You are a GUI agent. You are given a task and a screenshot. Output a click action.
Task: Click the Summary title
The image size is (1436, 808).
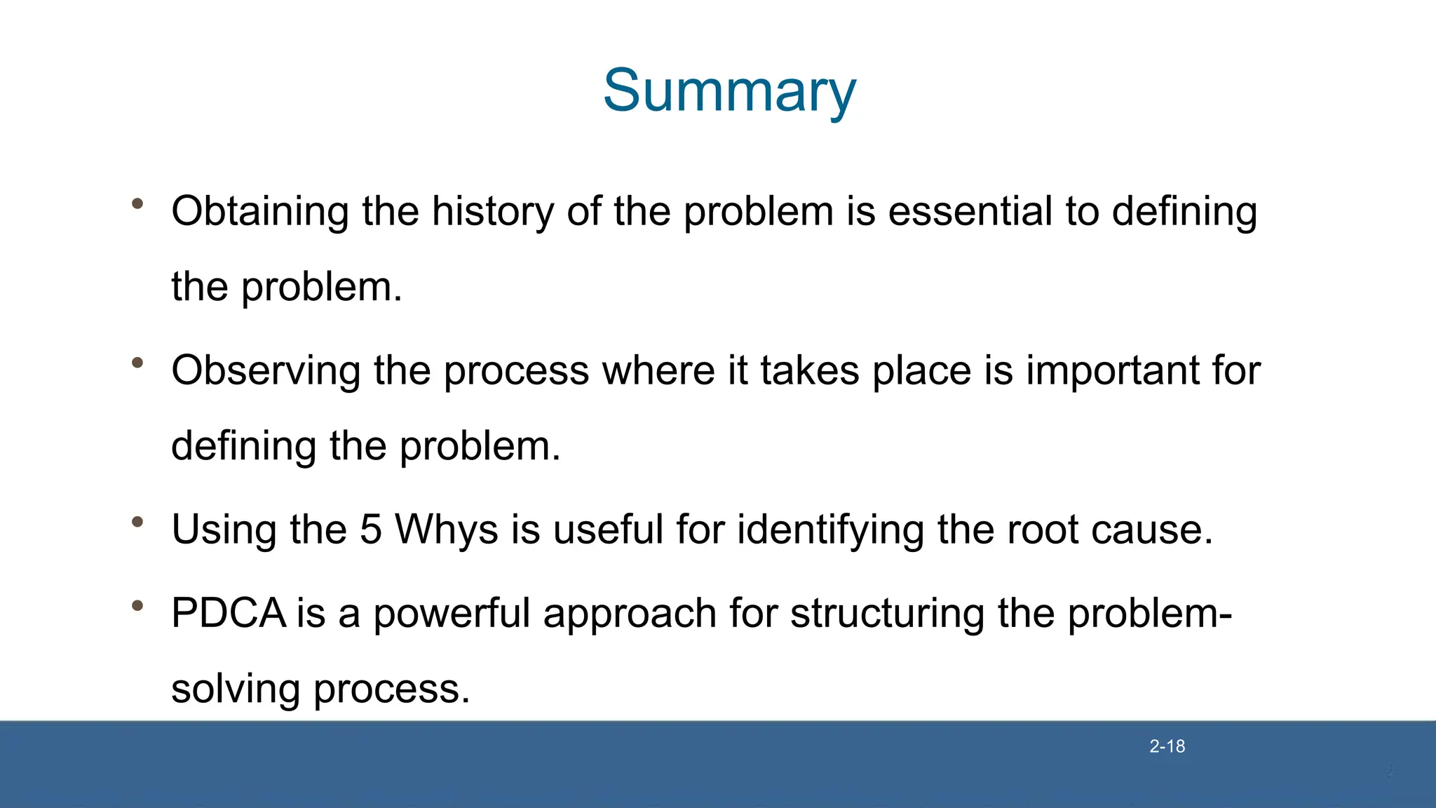729,91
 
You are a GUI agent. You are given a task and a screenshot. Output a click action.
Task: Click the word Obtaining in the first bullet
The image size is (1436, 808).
259,212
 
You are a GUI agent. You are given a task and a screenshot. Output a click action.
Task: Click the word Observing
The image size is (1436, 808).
266,371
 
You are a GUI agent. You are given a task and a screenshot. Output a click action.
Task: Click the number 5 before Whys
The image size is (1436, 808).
370,530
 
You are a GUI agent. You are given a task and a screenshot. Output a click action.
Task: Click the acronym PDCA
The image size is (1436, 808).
229,613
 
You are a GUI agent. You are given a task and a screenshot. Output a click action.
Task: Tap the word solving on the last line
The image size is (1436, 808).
236,689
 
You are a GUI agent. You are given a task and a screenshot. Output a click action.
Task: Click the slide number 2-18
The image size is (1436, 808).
1167,746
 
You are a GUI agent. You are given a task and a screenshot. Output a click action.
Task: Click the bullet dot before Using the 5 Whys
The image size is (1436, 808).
137,521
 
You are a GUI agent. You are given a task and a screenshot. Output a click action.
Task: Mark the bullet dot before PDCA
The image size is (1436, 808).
137,605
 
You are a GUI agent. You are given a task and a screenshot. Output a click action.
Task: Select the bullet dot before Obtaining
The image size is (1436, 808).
137,203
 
